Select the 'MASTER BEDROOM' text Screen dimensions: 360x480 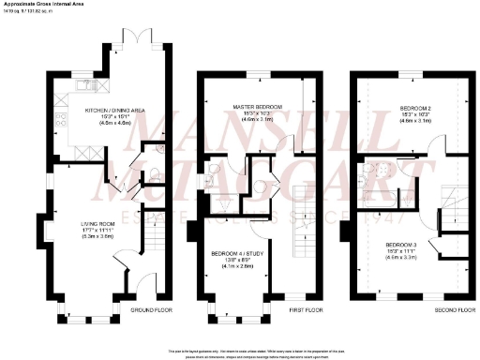(x=250, y=106)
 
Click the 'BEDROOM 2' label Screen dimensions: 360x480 (x=410, y=106)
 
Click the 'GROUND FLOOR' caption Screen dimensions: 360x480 (x=146, y=309)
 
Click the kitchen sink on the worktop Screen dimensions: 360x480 (x=86, y=85)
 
